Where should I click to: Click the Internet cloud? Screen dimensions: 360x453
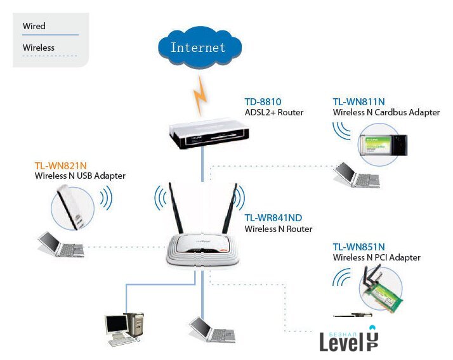tap(197, 48)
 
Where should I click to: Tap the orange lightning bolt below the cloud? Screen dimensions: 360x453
tap(201, 92)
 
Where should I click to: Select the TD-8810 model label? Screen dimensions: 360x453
tap(263, 101)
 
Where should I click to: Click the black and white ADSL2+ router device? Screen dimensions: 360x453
tap(209, 135)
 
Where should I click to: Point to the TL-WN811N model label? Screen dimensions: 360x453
tap(358, 101)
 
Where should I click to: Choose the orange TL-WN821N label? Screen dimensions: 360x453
tap(60, 165)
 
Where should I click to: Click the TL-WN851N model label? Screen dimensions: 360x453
tap(358, 247)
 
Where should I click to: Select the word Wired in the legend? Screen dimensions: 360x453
tap(34, 26)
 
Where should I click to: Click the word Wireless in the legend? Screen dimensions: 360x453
tap(39, 48)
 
